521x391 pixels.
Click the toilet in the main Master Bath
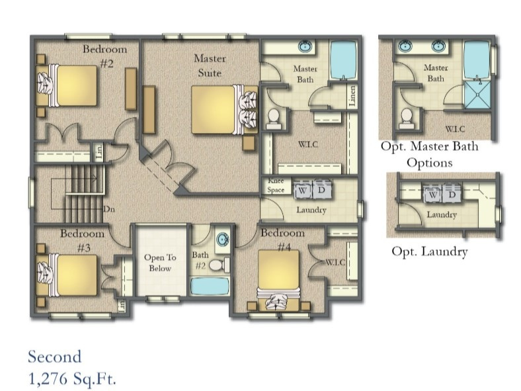[x=272, y=118]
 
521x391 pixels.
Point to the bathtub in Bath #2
[x=209, y=286]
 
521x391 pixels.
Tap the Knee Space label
[x=276, y=185]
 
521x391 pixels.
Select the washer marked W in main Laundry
[x=301, y=189]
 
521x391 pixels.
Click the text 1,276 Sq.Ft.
[x=72, y=378]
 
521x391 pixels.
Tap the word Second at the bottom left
[x=54, y=357]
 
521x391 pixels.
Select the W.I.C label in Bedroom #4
[x=333, y=263]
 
